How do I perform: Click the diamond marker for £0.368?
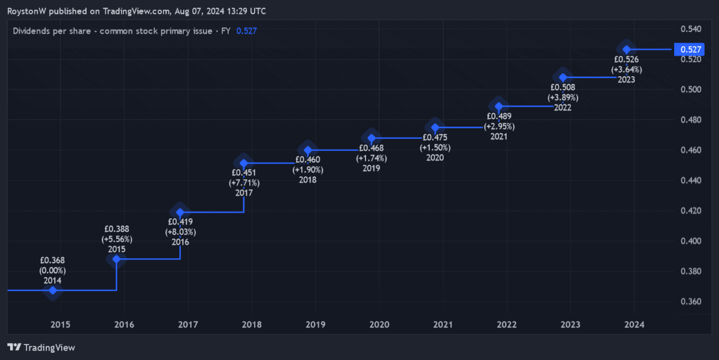pyautogui.click(x=53, y=291)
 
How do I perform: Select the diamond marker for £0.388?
pyautogui.click(x=117, y=259)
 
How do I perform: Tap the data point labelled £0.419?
pyautogui.click(x=180, y=211)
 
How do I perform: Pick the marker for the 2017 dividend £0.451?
pyautogui.click(x=244, y=163)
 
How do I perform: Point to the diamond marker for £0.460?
pyautogui.click(x=308, y=150)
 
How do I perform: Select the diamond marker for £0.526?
pyautogui.click(x=627, y=49)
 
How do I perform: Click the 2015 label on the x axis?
pyautogui.click(x=60, y=325)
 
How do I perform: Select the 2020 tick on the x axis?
pyautogui.click(x=379, y=325)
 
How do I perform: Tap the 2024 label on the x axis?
pyautogui.click(x=634, y=325)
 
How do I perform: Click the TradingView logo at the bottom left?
pyautogui.click(x=41, y=347)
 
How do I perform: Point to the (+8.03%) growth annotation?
pyautogui.click(x=180, y=232)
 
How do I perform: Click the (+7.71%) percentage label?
pyautogui.click(x=244, y=183)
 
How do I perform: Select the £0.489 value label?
pyautogui.click(x=499, y=116)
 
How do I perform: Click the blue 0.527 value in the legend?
pyautogui.click(x=247, y=31)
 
